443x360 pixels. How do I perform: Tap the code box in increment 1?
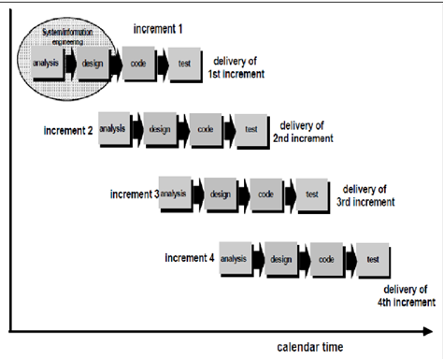137,65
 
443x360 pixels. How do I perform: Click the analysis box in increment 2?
112,129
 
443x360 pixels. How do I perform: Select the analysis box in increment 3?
174,194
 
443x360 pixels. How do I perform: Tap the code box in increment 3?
265,194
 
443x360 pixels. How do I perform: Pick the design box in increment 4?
280,258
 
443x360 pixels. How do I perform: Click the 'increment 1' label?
159,30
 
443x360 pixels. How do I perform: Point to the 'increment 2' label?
68,130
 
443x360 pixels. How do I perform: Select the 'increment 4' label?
190,257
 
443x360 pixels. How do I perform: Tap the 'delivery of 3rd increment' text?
365,194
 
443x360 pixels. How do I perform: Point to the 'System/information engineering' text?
69,37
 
